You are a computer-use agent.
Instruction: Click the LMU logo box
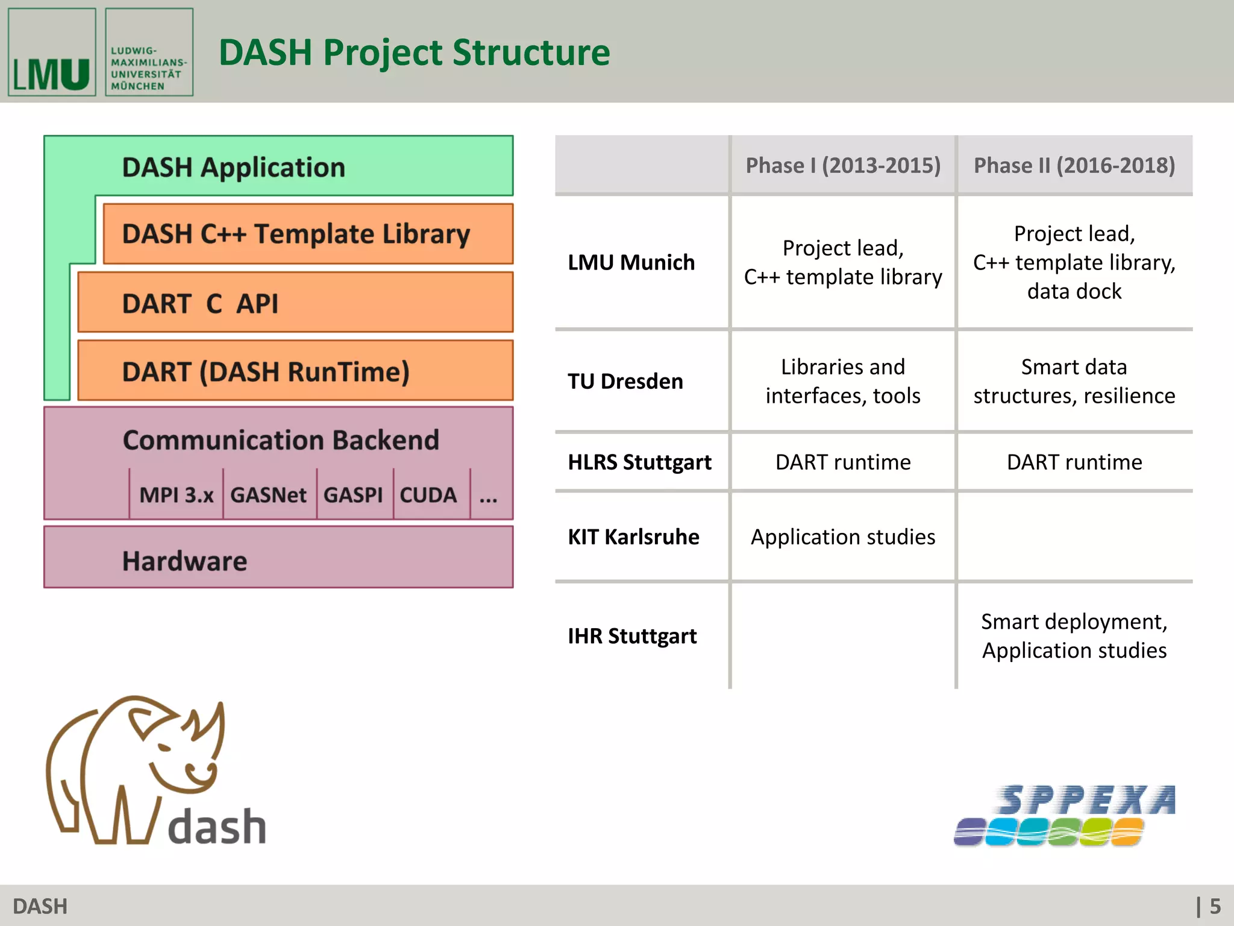[x=52, y=52]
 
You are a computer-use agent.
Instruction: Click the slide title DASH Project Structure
[x=414, y=52]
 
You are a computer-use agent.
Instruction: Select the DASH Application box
[x=277, y=166]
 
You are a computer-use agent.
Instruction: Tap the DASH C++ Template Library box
[x=307, y=234]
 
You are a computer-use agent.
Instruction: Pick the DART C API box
[x=295, y=303]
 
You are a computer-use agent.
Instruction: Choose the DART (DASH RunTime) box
[x=295, y=371]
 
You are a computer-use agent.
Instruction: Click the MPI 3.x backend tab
[x=176, y=495]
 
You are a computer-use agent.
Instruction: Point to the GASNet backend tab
[x=269, y=495]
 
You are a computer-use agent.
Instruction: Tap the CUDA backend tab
[x=428, y=495]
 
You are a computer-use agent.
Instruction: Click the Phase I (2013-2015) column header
[x=842, y=165]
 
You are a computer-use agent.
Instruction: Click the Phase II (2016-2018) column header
[x=1074, y=165]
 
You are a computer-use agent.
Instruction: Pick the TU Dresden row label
[x=625, y=381]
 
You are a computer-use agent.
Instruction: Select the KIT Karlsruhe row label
[x=633, y=537]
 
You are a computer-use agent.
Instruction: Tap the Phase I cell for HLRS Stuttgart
[x=842, y=462]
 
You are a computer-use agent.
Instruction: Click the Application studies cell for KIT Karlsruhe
[x=842, y=537]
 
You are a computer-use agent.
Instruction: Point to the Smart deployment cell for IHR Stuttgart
[x=1074, y=636]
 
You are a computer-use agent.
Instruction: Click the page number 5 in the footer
[x=1215, y=906]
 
